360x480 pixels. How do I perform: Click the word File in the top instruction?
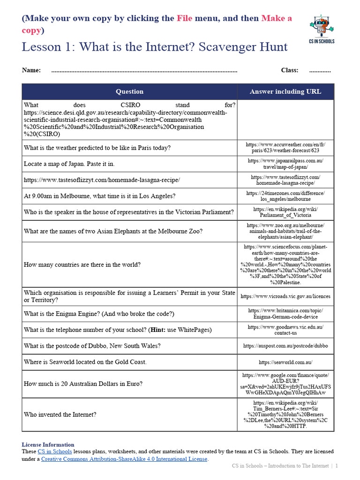pyautogui.click(x=184, y=18)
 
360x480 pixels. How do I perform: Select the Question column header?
pyautogui.click(x=129, y=91)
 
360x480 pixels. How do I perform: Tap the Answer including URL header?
pyautogui.click(x=285, y=91)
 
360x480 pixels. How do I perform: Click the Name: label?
pyautogui.click(x=31, y=70)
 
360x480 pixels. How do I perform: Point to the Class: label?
pyautogui.click(x=290, y=70)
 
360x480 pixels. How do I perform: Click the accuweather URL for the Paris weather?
pyautogui.click(x=285, y=148)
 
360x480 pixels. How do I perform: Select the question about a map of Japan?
pyautogui.click(x=69, y=164)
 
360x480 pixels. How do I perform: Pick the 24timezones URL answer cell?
pyautogui.click(x=285, y=196)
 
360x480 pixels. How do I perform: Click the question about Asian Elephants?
pyautogui.click(x=113, y=231)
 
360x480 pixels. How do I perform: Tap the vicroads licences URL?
pyautogui.click(x=285, y=296)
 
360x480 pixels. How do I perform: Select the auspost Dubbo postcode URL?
pyautogui.click(x=285, y=346)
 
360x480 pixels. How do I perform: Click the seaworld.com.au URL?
pyautogui.click(x=285, y=362)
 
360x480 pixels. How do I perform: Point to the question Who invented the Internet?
pyautogui.click(x=60, y=414)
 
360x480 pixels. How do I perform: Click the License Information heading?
pyautogui.click(x=48, y=444)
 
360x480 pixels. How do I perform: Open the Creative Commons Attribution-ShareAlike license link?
pyautogui.click(x=124, y=459)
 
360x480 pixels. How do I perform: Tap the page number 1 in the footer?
pyautogui.click(x=336, y=466)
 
